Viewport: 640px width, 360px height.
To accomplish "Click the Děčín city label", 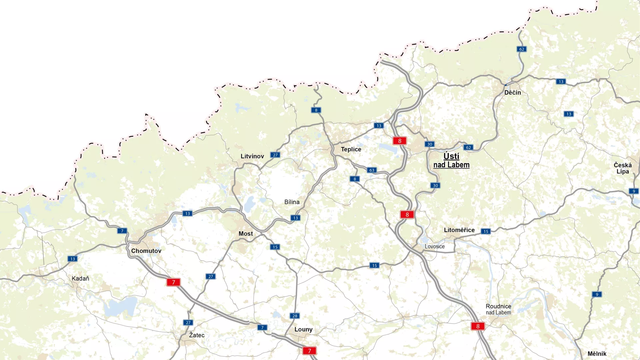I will (x=512, y=93).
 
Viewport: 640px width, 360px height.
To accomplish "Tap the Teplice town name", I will (x=351, y=149).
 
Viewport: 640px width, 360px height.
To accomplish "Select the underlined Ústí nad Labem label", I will (x=451, y=160).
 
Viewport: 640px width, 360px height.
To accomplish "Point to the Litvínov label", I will (x=252, y=156).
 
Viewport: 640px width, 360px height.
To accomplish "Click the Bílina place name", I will (x=292, y=202).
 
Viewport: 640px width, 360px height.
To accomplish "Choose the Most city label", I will (x=246, y=234).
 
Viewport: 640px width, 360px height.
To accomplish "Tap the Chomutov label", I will (x=146, y=251).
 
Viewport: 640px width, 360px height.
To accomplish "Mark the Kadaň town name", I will (x=80, y=278).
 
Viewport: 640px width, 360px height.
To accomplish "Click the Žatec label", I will (x=197, y=335).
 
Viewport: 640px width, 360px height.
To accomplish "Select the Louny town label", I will (x=303, y=329).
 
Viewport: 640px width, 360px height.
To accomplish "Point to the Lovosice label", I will (x=434, y=247).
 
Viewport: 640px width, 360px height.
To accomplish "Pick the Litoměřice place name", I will (x=459, y=230).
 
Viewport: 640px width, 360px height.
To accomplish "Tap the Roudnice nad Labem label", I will (x=498, y=309).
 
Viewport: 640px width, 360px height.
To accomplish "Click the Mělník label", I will (x=597, y=354).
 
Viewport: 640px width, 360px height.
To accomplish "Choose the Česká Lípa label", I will (x=622, y=168).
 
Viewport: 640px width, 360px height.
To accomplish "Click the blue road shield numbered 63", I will (x=372, y=170).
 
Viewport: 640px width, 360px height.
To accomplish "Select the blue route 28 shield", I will (x=295, y=316).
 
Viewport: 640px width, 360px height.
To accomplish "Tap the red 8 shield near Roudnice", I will (x=478, y=326).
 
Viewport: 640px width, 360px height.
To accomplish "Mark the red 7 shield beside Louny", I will (x=309, y=351).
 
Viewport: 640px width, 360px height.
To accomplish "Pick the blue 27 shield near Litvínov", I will (x=275, y=155).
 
